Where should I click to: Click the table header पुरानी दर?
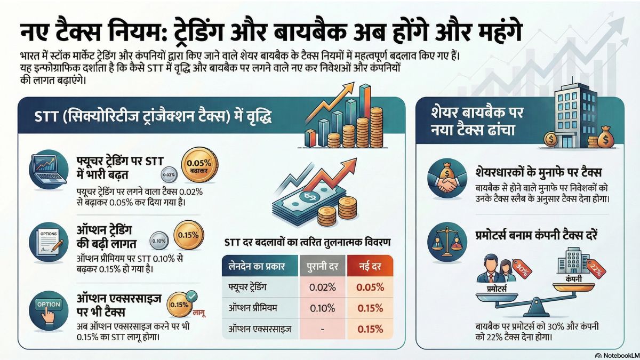coord(321,265)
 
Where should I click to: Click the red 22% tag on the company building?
coord(596,270)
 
